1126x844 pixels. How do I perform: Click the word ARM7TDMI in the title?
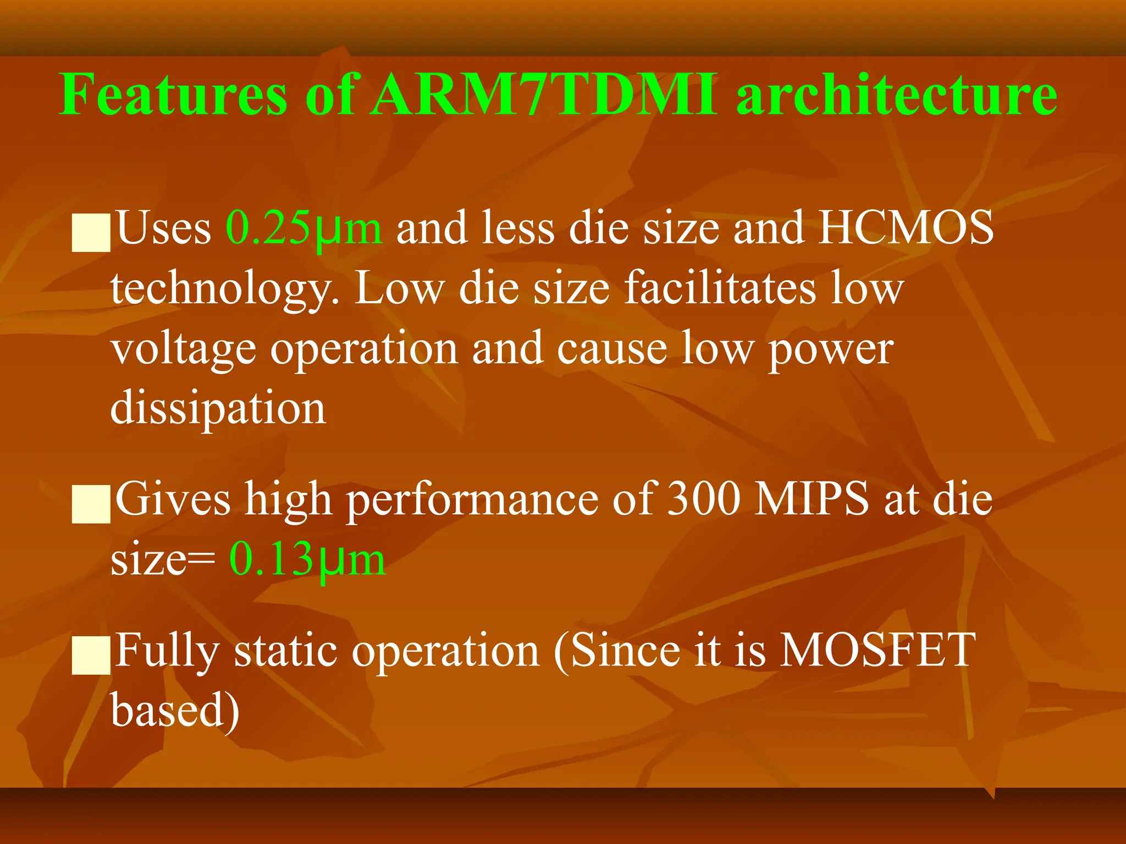tap(544, 95)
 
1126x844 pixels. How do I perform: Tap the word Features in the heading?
tap(173, 95)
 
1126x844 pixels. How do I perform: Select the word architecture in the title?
tap(896, 95)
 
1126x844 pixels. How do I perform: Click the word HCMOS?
tap(906, 227)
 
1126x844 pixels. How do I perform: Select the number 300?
tap(703, 499)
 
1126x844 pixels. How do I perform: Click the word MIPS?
tap(811, 499)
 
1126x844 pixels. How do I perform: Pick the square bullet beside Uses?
tap(91, 234)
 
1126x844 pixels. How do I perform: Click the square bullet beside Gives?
tap(91, 504)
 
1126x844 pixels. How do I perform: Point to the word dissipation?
tap(218, 408)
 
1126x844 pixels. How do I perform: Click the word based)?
tap(175, 710)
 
